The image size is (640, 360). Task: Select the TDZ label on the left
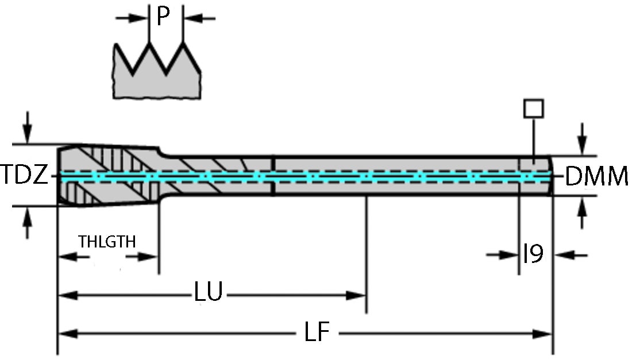24,175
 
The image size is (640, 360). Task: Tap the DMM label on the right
596,177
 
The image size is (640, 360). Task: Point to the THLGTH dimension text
108,242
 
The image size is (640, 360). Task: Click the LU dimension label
208,292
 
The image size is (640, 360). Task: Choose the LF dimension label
316,333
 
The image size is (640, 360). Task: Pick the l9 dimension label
533,253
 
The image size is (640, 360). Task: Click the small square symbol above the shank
534,109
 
